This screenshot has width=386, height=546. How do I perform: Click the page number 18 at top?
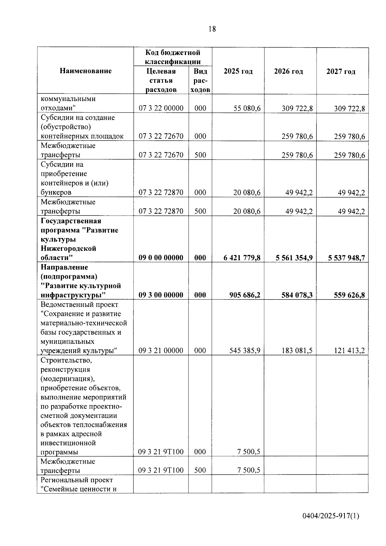pos(212,29)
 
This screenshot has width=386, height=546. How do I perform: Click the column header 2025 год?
pos(238,71)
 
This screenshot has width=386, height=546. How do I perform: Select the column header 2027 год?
pos(341,71)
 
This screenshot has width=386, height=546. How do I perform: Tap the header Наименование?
pos(86,71)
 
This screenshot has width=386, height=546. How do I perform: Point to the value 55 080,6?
pos(247,108)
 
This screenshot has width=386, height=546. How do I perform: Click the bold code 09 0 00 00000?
pos(161,258)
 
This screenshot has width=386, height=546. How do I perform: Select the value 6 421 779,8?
pos(242,258)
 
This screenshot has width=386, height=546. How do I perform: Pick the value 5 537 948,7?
pos(346,258)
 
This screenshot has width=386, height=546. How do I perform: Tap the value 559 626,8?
pos(349,295)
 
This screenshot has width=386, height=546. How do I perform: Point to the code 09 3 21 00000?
pos(161,350)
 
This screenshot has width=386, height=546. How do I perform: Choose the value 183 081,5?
pos(297,350)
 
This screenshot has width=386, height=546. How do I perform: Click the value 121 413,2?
pos(349,350)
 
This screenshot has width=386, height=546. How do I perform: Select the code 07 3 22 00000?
pos(161,108)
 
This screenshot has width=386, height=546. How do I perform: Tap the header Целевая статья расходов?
pos(161,80)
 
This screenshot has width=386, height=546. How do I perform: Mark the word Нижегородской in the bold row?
pos(69,248)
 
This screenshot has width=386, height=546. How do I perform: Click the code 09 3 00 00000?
pos(161,295)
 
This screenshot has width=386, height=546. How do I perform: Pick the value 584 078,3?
pos(297,295)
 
